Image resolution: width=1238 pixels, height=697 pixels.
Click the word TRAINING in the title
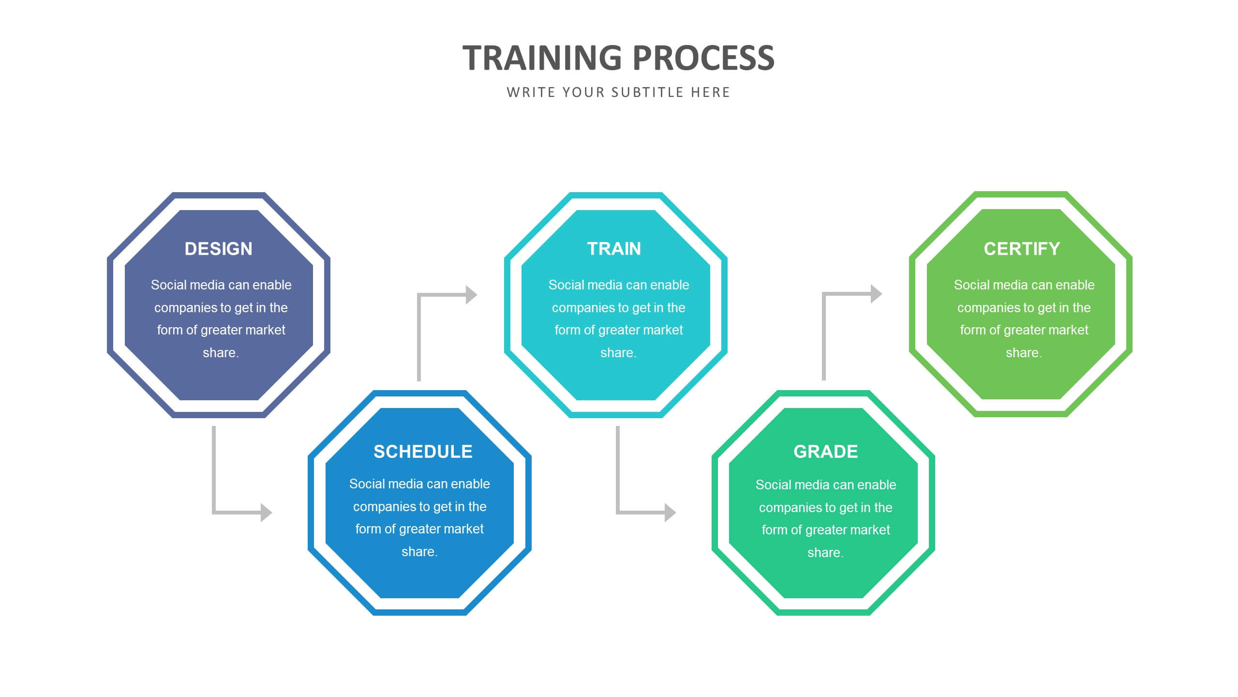(x=542, y=58)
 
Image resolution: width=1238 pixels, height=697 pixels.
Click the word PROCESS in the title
(x=703, y=58)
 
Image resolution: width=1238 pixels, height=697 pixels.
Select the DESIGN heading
(x=219, y=249)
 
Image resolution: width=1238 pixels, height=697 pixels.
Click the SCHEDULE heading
(x=423, y=452)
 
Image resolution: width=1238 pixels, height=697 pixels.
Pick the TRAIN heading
(x=614, y=249)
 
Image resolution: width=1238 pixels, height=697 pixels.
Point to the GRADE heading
(x=826, y=452)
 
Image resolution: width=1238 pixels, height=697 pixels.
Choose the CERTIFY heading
(x=1022, y=249)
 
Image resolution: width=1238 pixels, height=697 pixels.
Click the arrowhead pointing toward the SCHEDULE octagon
(x=267, y=513)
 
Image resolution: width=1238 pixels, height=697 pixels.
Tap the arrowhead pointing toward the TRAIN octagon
(x=472, y=295)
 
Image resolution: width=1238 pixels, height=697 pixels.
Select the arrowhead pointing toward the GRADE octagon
(x=671, y=513)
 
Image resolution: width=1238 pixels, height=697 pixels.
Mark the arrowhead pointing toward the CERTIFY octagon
(x=877, y=294)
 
